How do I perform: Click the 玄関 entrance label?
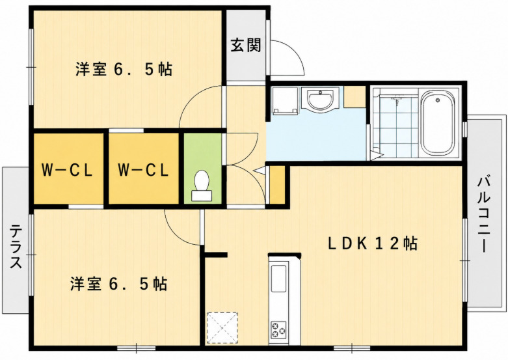pyautogui.click(x=246, y=46)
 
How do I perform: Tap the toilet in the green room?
pyautogui.click(x=202, y=186)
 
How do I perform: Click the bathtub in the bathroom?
pyautogui.click(x=438, y=123)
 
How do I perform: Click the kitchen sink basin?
pyautogui.click(x=278, y=279)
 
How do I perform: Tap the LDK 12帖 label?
pyautogui.click(x=373, y=243)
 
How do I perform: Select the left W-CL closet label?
pyautogui.click(x=68, y=170)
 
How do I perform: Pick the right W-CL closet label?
pyautogui.click(x=143, y=170)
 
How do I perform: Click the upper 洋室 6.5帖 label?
pyautogui.click(x=124, y=69)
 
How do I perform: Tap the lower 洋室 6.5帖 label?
pyautogui.click(x=118, y=284)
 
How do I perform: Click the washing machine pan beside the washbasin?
pyautogui.click(x=285, y=100)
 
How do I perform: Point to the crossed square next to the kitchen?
pyautogui.click(x=222, y=328)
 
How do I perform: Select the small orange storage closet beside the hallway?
pyautogui.click(x=277, y=185)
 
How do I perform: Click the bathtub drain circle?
pyautogui.click(x=438, y=100)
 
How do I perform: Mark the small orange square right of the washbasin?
pyautogui.click(x=354, y=97)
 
